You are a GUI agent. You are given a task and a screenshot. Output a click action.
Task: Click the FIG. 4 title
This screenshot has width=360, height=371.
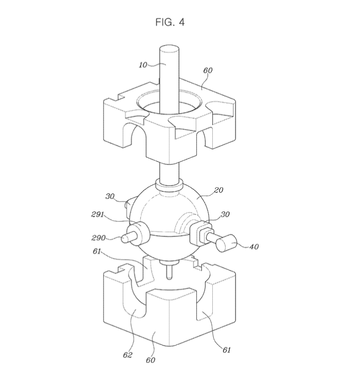170,22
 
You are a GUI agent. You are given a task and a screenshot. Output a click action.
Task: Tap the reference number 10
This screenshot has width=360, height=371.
143,65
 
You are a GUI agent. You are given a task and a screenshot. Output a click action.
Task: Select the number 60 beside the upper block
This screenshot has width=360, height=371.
208,70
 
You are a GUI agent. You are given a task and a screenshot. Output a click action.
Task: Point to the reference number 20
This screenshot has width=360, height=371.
218,190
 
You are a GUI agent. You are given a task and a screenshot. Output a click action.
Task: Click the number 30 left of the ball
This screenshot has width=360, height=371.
110,196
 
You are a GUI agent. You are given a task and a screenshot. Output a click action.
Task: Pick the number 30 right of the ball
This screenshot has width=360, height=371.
225,214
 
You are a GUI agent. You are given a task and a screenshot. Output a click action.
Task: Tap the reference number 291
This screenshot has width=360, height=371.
97,214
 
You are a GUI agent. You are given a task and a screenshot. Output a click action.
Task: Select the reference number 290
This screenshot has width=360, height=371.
98,238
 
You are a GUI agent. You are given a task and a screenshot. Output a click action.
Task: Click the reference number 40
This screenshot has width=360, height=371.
254,247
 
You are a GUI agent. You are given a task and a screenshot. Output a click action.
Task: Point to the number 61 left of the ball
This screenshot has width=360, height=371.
97,251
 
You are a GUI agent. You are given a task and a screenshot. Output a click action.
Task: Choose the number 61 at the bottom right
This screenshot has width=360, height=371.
226,350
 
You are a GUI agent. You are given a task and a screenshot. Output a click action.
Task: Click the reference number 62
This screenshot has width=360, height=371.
128,355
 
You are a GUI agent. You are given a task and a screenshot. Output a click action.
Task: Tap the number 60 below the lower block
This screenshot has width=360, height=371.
150,360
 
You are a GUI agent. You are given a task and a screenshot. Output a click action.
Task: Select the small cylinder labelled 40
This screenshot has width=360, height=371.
226,243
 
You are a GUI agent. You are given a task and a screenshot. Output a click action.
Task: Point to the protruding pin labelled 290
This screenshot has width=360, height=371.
128,238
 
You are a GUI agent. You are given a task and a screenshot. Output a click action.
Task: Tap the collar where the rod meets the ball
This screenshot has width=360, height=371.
169,185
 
